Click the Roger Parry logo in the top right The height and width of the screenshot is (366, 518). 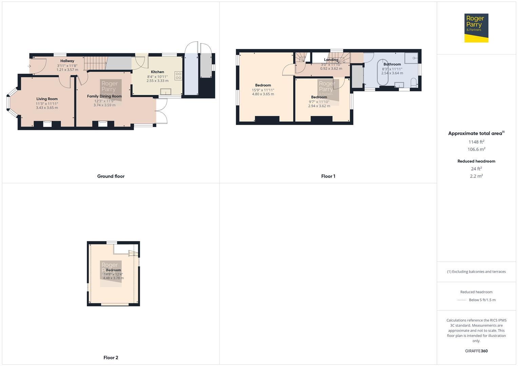(476, 28)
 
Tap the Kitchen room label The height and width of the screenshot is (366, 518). (157, 72)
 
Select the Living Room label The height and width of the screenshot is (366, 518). (47, 99)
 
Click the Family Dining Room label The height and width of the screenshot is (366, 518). (104, 96)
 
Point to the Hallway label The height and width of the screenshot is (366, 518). (67, 61)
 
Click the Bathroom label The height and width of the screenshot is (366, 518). (392, 64)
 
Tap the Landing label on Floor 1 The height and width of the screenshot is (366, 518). (331, 60)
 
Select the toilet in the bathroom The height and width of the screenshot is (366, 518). (414, 82)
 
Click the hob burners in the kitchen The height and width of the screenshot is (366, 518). (178, 76)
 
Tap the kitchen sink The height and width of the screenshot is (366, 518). (166, 91)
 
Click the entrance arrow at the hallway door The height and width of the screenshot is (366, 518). (30, 66)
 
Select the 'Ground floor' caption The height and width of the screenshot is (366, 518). (111, 176)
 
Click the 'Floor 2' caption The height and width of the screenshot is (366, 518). (111, 358)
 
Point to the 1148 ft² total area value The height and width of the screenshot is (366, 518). (476, 142)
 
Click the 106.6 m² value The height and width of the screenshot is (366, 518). (476, 149)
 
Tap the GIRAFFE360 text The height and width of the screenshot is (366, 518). (476, 351)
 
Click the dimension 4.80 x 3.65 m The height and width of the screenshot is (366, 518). (263, 94)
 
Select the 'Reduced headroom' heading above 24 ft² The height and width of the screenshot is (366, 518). (476, 161)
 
